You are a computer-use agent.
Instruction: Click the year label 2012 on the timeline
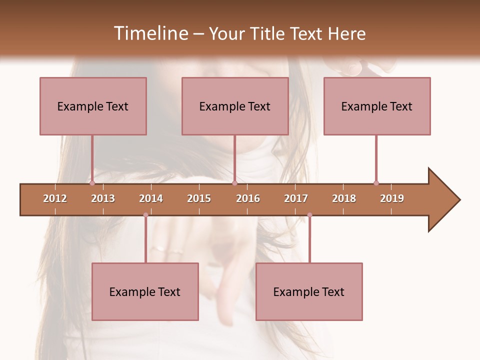[55, 198]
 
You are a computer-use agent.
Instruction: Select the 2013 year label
[103, 198]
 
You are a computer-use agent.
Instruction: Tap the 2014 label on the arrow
[151, 198]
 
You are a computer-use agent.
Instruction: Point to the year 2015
[199, 198]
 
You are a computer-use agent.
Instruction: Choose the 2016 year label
[248, 198]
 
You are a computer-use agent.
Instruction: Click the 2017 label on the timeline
[296, 198]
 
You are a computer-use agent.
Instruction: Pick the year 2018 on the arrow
[344, 198]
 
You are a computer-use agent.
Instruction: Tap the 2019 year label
[392, 198]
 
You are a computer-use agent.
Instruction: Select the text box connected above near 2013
[93, 106]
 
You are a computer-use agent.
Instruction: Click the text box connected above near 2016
[235, 106]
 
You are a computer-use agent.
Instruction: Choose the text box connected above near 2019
[377, 106]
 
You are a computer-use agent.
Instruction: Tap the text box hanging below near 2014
[145, 291]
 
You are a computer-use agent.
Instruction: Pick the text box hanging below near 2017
[309, 291]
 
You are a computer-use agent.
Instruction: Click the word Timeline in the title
[149, 33]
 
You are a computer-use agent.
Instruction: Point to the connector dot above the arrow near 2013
[92, 183]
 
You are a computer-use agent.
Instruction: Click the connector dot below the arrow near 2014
[145, 215]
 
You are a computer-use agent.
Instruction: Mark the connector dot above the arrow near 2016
[234, 183]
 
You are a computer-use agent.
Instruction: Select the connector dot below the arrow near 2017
[309, 215]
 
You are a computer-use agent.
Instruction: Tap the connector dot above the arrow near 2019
[376, 183]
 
